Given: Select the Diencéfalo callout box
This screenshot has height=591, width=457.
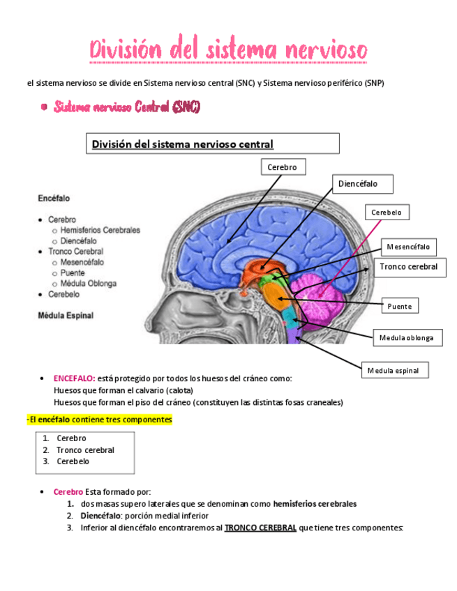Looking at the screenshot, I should click(x=358, y=184).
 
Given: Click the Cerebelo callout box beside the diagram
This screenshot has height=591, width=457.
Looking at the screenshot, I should click(x=387, y=213).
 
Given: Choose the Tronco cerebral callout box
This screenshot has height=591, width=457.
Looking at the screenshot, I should click(x=409, y=267).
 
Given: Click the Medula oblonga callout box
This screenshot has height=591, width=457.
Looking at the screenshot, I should click(x=406, y=338).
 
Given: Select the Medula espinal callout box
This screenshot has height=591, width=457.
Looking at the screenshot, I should click(x=394, y=370).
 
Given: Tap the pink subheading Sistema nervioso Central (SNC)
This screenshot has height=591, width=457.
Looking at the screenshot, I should click(x=126, y=107).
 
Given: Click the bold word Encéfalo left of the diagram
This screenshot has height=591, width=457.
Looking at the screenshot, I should click(x=54, y=199).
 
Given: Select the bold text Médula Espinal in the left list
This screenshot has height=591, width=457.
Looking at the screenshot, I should click(x=66, y=315).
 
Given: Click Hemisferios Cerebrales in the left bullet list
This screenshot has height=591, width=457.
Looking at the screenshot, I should click(x=100, y=230).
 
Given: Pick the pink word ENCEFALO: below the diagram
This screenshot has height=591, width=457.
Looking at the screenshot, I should click(x=74, y=378).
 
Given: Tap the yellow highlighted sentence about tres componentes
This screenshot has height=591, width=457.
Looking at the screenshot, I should click(x=99, y=420).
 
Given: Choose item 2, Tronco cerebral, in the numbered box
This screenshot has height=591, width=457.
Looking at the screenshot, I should click(x=85, y=450).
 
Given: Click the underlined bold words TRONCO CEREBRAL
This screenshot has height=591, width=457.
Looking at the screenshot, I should click(x=260, y=528).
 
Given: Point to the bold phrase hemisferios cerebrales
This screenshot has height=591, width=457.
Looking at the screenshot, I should click(x=315, y=503).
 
